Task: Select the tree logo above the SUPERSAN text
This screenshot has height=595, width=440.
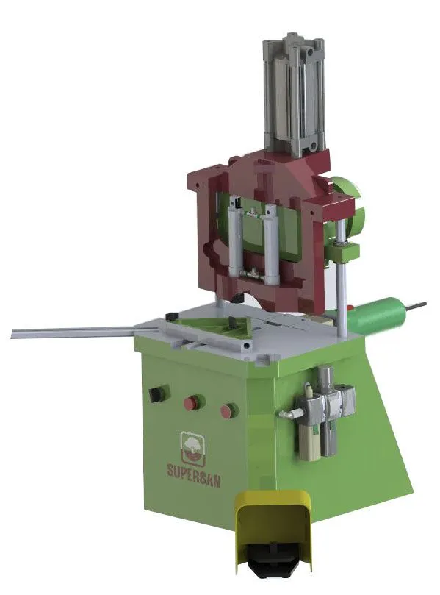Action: click(x=192, y=448)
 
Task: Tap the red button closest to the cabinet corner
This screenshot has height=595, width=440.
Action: click(x=229, y=410)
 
